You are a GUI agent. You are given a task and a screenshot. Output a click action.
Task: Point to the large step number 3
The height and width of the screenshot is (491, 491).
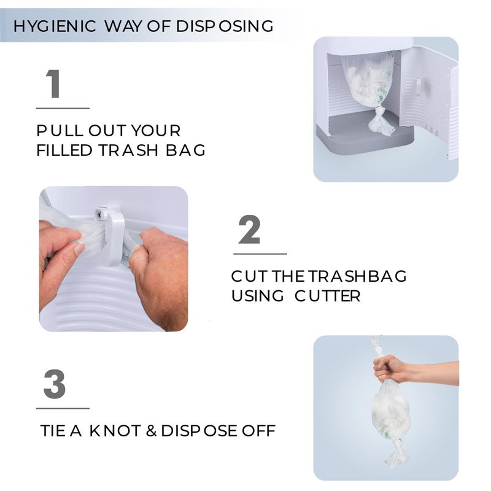tap(55, 384)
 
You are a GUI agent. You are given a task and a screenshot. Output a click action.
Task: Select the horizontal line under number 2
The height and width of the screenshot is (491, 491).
tap(260, 253)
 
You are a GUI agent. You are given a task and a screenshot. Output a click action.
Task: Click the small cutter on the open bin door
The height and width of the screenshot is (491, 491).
tap(417, 87)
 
